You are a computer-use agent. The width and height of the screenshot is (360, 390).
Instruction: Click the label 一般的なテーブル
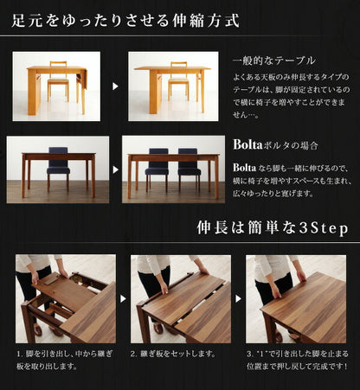[273, 62]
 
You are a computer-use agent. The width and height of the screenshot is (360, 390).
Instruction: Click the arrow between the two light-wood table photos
[115, 86]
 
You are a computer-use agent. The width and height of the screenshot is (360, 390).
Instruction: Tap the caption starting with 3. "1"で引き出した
[297, 360]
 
